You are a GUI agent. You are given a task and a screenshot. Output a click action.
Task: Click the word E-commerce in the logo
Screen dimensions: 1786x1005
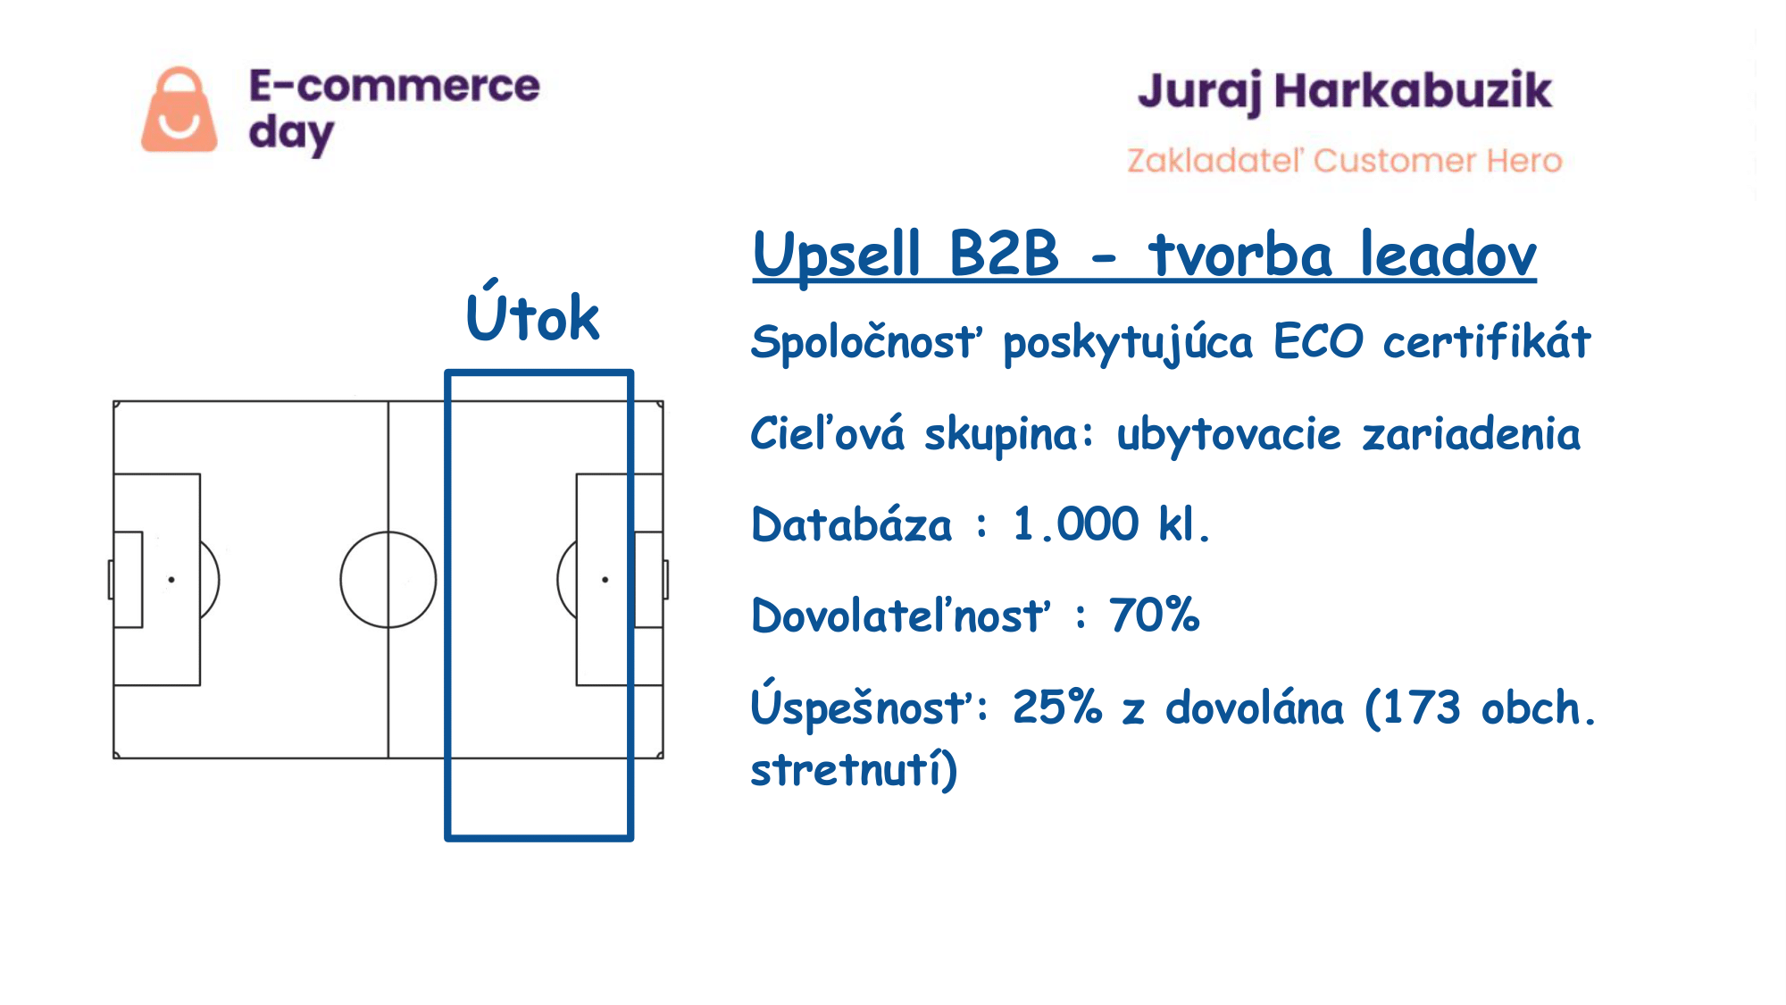(x=394, y=86)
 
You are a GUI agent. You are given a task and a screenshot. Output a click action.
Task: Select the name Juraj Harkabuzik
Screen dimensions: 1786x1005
(x=1345, y=92)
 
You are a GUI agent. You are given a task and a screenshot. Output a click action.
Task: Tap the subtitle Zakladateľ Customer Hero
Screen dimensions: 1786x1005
(x=1344, y=161)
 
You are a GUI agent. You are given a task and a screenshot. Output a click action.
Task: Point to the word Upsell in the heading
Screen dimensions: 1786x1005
(x=837, y=255)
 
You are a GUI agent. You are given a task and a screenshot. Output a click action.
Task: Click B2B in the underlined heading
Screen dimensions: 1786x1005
(x=1004, y=253)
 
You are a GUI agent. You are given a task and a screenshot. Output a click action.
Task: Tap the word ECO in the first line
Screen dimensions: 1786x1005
(x=1319, y=341)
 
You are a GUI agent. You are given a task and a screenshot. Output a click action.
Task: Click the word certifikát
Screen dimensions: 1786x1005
(x=1487, y=340)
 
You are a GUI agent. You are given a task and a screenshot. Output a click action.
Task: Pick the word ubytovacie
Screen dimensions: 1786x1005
(x=1229, y=435)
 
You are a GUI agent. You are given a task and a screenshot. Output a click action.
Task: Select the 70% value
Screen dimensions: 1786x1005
(x=1155, y=616)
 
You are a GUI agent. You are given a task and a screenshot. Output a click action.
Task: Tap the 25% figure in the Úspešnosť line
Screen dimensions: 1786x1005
(x=1057, y=708)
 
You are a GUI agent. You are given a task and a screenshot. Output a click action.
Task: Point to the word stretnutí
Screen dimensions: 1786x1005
(x=847, y=770)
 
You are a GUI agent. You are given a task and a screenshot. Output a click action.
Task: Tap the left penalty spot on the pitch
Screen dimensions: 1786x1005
(x=171, y=580)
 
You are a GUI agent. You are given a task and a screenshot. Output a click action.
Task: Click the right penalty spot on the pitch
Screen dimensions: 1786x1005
(x=605, y=580)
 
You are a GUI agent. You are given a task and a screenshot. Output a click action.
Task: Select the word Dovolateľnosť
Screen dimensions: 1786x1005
(x=901, y=616)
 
